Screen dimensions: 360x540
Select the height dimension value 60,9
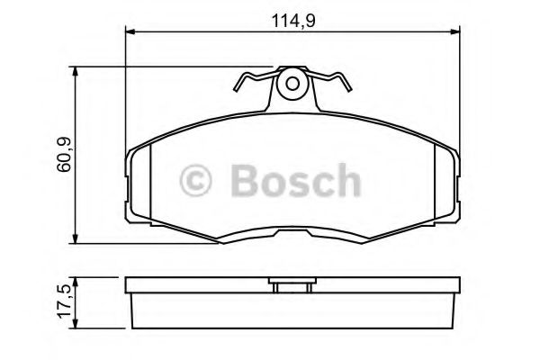(x=61, y=155)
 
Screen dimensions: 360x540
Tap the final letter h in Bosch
(x=346, y=181)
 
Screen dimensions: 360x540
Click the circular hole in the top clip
(x=291, y=85)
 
